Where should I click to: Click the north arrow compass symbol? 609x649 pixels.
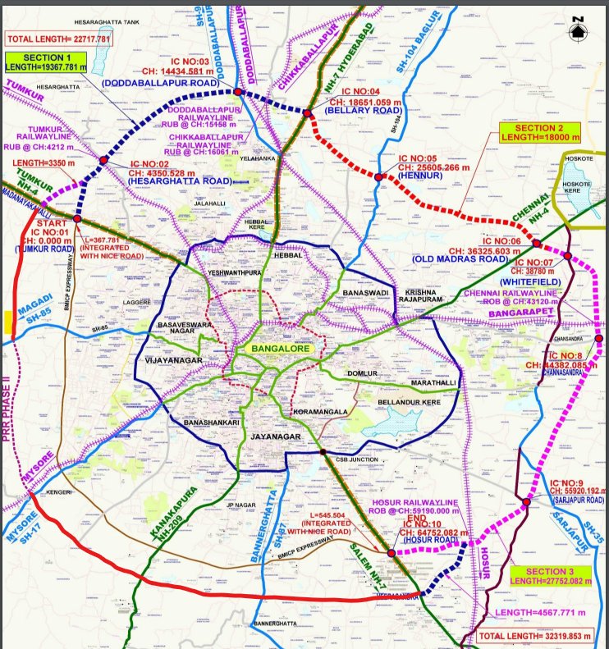pos(579,27)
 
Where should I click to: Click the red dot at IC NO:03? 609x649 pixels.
pos(238,93)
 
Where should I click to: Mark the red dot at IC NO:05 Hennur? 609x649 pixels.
pos(378,176)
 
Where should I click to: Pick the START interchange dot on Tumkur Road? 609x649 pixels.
pos(76,219)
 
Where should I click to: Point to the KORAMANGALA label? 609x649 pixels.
pos(324,411)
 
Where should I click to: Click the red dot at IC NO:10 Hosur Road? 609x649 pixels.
pos(391,554)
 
